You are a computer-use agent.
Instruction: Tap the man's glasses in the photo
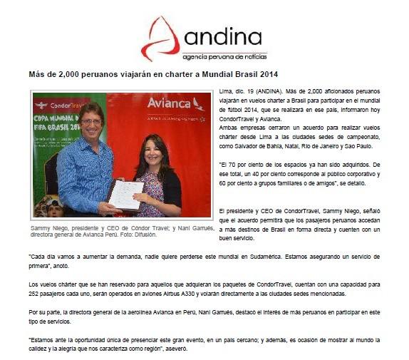coord(92,122)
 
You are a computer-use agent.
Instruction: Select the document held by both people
coord(126,192)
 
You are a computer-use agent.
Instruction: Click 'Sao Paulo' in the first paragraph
coord(368,145)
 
